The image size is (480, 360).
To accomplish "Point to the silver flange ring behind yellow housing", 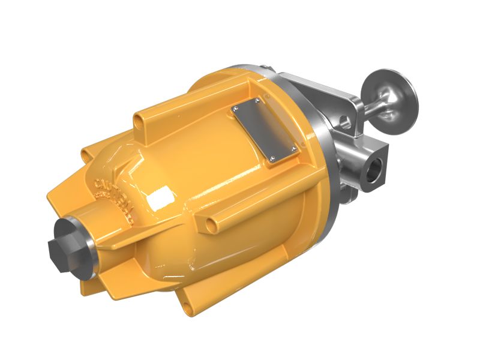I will [x=324, y=150].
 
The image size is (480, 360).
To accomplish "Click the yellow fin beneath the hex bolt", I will [x=90, y=282].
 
